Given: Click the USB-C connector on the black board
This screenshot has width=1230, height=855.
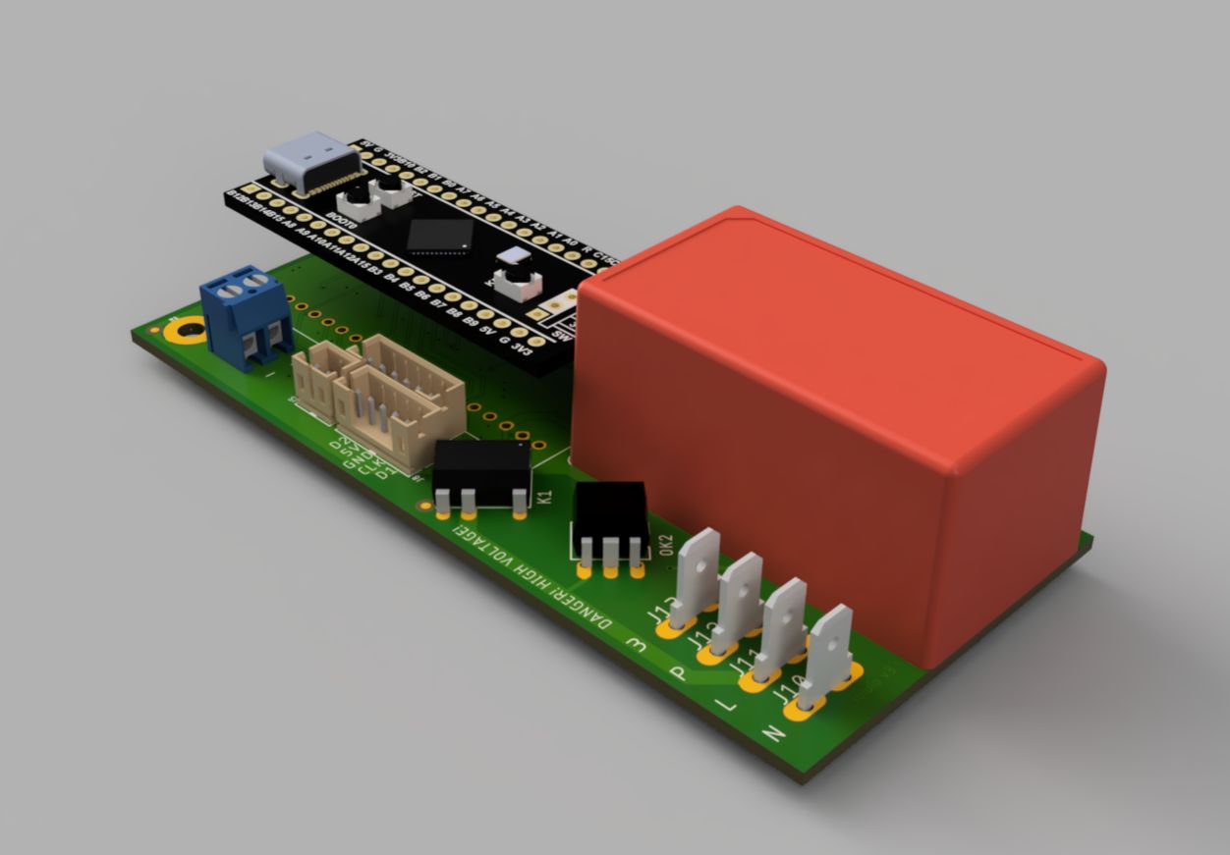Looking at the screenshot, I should pyautogui.click(x=310, y=162).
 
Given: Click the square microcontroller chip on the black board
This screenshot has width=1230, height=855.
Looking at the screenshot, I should pyautogui.click(x=439, y=237).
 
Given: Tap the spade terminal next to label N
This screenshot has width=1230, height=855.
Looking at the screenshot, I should pyautogui.click(x=827, y=656).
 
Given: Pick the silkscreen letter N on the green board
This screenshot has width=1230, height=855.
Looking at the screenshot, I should pyautogui.click(x=773, y=732).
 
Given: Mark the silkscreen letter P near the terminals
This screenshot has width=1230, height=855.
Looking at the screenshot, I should pyautogui.click(x=677, y=674).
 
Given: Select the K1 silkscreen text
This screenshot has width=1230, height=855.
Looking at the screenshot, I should pyautogui.click(x=546, y=497).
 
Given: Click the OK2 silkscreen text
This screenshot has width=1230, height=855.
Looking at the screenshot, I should pyautogui.click(x=667, y=548).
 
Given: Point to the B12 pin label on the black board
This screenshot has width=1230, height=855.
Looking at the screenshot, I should pyautogui.click(x=233, y=197).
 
